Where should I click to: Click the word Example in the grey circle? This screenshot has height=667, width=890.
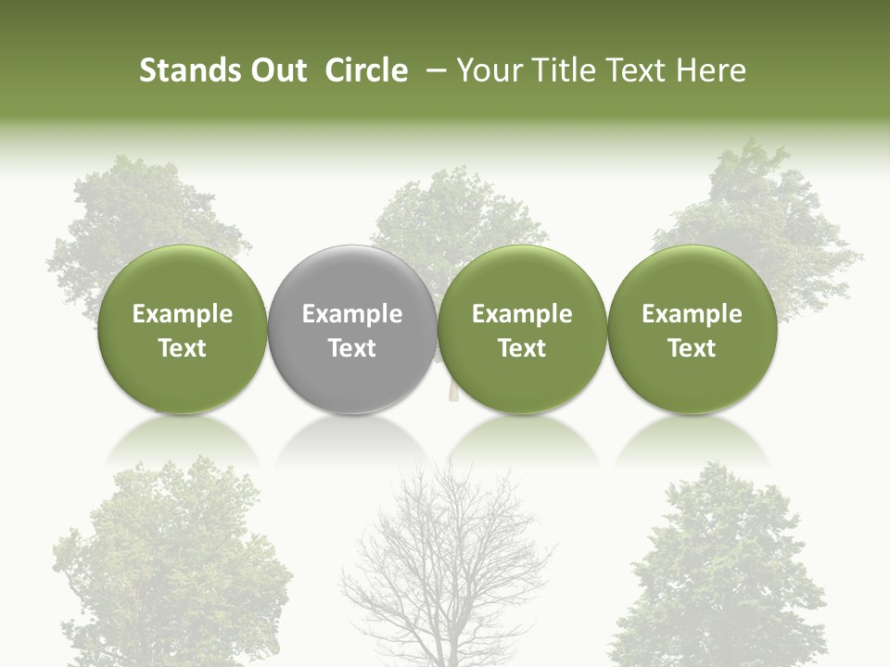352,314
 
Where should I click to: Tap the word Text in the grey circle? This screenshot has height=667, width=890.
352,348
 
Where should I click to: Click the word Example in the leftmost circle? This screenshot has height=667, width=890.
183,314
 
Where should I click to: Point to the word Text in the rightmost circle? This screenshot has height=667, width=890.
692,348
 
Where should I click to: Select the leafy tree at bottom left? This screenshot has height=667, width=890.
172,565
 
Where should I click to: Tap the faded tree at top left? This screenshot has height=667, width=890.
139,213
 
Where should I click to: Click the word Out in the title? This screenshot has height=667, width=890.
276,70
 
